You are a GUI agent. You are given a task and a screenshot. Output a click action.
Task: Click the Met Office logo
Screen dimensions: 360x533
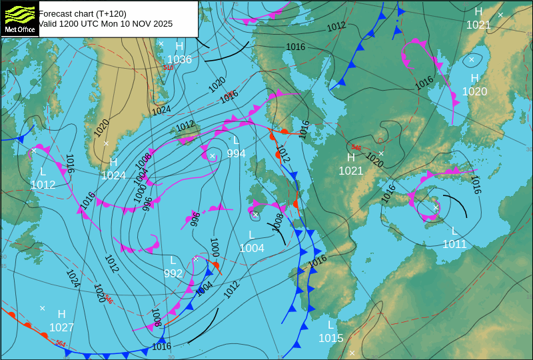click(20, 19)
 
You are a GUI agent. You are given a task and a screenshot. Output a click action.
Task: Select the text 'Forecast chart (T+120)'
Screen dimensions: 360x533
click(82, 13)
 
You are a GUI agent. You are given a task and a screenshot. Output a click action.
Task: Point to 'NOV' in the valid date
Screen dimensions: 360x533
click(140, 23)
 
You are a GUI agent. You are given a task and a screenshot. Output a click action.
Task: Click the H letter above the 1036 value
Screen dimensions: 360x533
click(179, 46)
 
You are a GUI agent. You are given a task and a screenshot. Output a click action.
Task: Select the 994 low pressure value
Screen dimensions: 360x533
click(236, 153)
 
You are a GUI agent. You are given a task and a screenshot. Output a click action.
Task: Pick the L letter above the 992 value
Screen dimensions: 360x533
click(173, 260)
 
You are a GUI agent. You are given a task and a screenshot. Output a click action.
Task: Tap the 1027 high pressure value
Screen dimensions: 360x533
click(61, 327)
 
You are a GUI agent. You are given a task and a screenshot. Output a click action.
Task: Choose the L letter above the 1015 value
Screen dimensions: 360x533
click(330, 325)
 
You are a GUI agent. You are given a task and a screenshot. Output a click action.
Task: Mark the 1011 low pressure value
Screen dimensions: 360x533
click(454, 244)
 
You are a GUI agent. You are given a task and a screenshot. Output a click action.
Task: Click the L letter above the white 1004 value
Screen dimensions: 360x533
click(252, 235)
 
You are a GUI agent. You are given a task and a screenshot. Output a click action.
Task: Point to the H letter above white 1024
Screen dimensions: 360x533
click(113, 162)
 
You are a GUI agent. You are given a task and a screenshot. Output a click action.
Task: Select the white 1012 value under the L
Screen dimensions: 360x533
click(43, 185)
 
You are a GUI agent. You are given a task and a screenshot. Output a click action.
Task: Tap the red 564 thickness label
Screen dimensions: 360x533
click(60, 343)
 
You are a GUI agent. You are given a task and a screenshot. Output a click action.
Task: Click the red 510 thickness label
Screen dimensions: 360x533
click(168, 67)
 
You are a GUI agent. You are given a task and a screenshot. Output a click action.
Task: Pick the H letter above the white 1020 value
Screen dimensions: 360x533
click(474, 78)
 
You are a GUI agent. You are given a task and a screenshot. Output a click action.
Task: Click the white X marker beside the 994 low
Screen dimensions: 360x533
click(212, 156)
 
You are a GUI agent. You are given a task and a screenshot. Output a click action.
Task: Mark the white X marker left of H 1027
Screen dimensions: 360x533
click(42, 308)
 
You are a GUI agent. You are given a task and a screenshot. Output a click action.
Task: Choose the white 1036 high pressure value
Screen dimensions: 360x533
click(179, 59)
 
